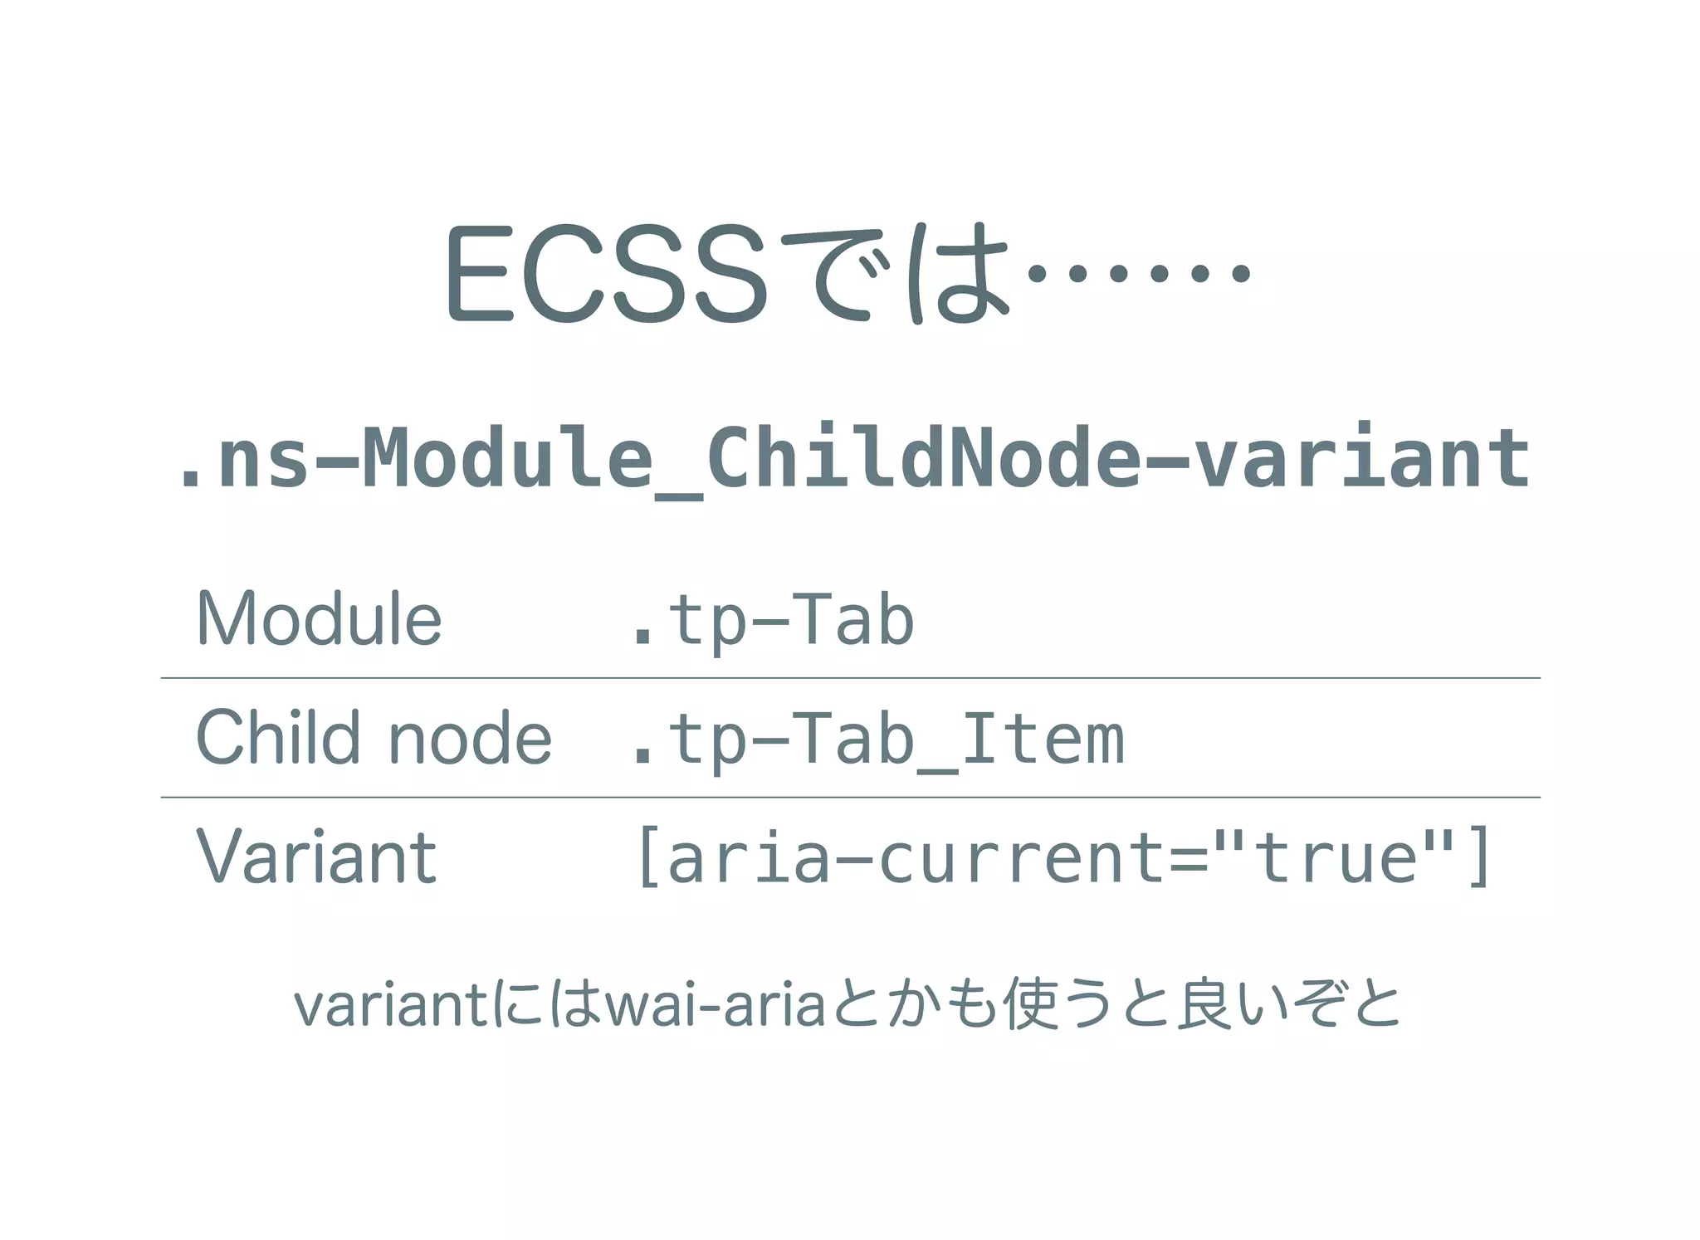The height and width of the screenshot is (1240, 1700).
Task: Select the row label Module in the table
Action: (x=319, y=619)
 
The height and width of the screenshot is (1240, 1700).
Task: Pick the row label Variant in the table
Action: (x=316, y=857)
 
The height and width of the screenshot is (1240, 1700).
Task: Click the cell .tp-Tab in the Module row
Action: (x=772, y=621)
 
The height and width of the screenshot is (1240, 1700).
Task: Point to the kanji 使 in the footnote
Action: (x=1029, y=1004)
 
